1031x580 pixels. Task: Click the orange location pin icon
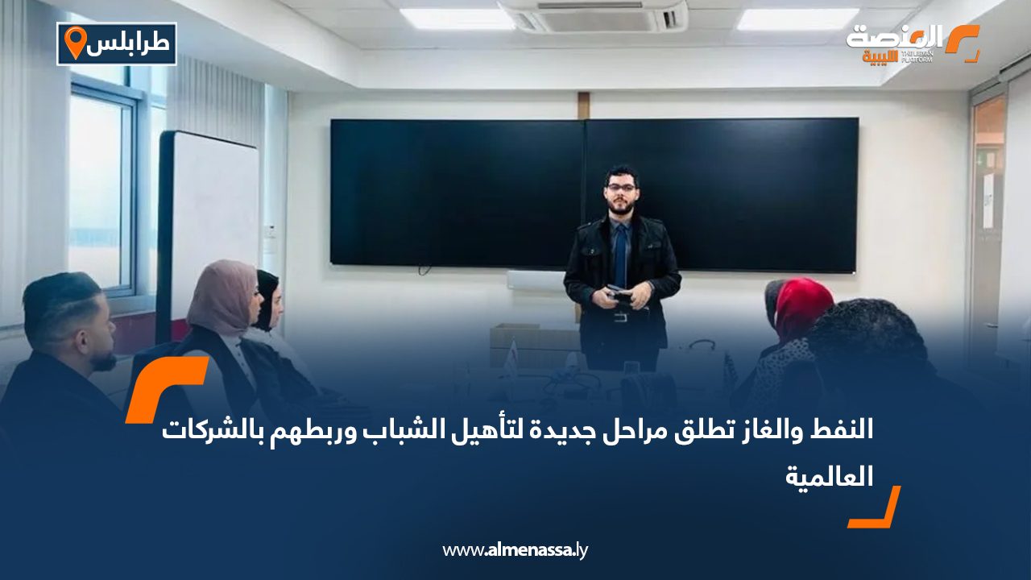coord(75,43)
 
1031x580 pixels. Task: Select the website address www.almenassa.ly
coord(515,550)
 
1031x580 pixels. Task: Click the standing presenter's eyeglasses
coord(621,187)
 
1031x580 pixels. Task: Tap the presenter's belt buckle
coord(620,317)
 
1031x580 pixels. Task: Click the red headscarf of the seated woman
coord(802,307)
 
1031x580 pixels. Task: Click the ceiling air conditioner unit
coord(594,16)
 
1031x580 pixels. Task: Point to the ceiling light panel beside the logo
coord(797,19)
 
